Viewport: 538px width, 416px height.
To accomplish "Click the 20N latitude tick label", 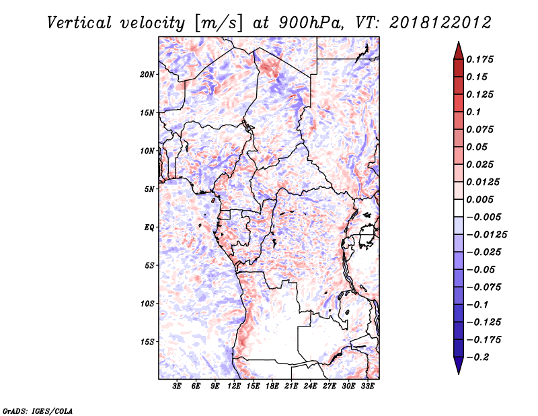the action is click(147, 75).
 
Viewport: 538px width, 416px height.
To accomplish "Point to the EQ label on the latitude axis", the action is click(149, 228).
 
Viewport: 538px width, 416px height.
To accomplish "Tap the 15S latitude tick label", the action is click(148, 342).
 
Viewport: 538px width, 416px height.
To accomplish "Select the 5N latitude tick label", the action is click(149, 189).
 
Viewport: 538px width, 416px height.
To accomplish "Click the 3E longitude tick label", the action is click(177, 386).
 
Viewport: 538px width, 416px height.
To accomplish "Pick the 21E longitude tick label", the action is click(291, 386).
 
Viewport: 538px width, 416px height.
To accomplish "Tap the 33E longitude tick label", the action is click(367, 386).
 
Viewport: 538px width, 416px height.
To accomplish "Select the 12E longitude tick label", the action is click(234, 386).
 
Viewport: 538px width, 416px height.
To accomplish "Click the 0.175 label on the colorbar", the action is click(479, 60).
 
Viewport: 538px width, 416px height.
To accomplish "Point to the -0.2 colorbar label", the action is click(477, 357).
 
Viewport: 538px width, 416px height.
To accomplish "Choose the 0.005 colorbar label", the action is click(479, 199).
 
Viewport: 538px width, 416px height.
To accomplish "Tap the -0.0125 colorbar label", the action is click(486, 235).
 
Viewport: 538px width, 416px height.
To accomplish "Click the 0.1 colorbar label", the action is click(473, 112).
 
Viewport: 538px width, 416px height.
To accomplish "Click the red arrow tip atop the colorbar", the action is click(459, 42).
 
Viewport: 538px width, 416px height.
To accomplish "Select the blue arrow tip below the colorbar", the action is click(459, 374).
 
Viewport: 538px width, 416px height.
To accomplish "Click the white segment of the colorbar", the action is click(459, 208).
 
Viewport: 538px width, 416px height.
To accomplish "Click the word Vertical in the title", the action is click(79, 23).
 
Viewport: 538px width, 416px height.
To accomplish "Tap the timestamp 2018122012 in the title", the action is click(440, 23).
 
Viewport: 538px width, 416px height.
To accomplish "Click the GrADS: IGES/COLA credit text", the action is click(38, 411).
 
